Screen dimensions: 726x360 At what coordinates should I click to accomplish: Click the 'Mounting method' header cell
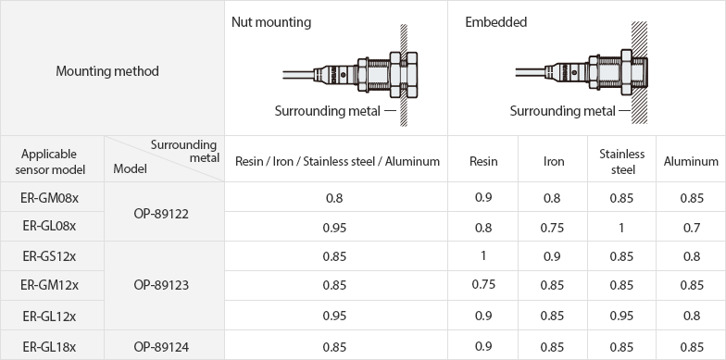[x=107, y=71]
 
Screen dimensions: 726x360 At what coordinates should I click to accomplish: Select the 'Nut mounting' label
[x=271, y=22]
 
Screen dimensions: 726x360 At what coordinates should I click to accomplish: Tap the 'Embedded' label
[x=496, y=22]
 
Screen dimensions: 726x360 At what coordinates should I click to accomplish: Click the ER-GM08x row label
[x=50, y=198]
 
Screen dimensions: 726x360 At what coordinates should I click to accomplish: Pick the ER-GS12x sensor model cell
[x=50, y=256]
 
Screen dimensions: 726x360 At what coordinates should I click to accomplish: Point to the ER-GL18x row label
[x=50, y=347]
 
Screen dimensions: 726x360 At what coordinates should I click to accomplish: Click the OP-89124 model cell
[x=161, y=347]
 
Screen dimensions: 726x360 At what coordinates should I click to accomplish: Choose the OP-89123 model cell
[x=161, y=285]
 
